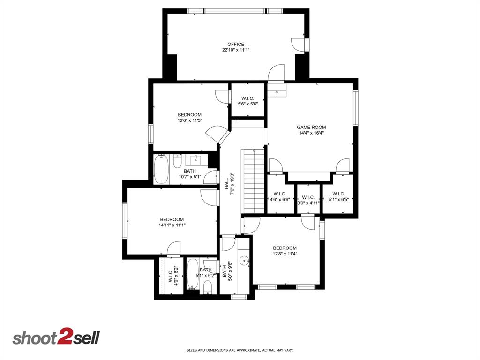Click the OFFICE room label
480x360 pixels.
pyautogui.click(x=236, y=45)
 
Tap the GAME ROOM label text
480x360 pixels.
pyautogui.click(x=311, y=127)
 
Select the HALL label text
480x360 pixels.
pyautogui.click(x=226, y=183)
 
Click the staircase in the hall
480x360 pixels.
pyautogui.click(x=254, y=180)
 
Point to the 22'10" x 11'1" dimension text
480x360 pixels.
pyautogui.click(x=236, y=50)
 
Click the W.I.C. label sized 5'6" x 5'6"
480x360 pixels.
pyautogui.click(x=247, y=101)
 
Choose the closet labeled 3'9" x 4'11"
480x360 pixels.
pyautogui.click(x=308, y=200)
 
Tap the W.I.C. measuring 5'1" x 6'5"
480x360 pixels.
pyautogui.click(x=338, y=196)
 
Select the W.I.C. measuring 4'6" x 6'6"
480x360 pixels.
pyautogui.click(x=280, y=196)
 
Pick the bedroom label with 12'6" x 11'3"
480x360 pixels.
pyautogui.click(x=189, y=118)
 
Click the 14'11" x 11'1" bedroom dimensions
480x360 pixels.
pyautogui.click(x=172, y=225)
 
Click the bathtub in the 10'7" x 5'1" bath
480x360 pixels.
pyautogui.click(x=162, y=169)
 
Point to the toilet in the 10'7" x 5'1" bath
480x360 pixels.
pyautogui.click(x=177, y=162)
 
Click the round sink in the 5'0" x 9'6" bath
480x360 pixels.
pyautogui.click(x=244, y=261)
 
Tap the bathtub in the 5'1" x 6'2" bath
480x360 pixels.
pyautogui.click(x=193, y=274)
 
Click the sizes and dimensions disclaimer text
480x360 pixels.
pyautogui.click(x=240, y=350)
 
